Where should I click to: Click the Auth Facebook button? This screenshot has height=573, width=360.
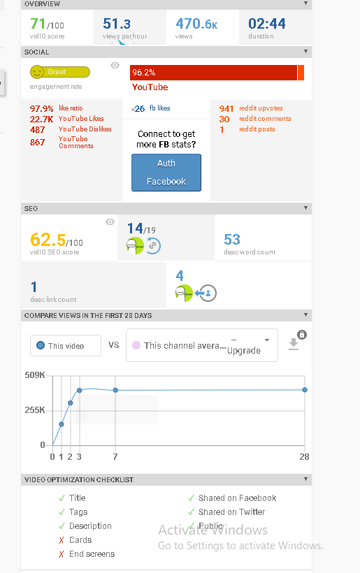pos(166,173)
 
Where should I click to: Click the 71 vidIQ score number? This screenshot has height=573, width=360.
pos(38,24)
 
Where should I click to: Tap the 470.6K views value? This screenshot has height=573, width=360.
pos(196,24)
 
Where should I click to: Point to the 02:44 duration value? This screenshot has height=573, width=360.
pos(267,24)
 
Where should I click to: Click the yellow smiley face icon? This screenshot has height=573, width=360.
pos(36,72)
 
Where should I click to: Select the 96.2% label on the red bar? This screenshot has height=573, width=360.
pos(143,73)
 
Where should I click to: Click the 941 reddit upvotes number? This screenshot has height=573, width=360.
pos(226,108)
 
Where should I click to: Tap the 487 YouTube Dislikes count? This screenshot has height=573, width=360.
pos(37,130)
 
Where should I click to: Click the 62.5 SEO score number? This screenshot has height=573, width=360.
pos(48,240)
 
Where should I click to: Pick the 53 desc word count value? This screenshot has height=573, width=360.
pos(232,240)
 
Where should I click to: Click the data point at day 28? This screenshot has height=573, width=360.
pos(305,390)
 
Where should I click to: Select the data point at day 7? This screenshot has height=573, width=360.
pos(115,391)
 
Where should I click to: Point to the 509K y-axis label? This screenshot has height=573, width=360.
pos(35,375)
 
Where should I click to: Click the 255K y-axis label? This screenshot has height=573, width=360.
pos(35,410)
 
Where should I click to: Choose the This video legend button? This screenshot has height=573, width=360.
pos(66,345)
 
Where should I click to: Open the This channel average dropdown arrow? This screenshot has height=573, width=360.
pos(267,340)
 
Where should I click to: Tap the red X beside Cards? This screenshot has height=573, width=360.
pos(62,540)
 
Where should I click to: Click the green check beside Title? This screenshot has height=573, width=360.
pos(62,498)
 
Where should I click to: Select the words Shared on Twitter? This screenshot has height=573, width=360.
pos(231,512)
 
